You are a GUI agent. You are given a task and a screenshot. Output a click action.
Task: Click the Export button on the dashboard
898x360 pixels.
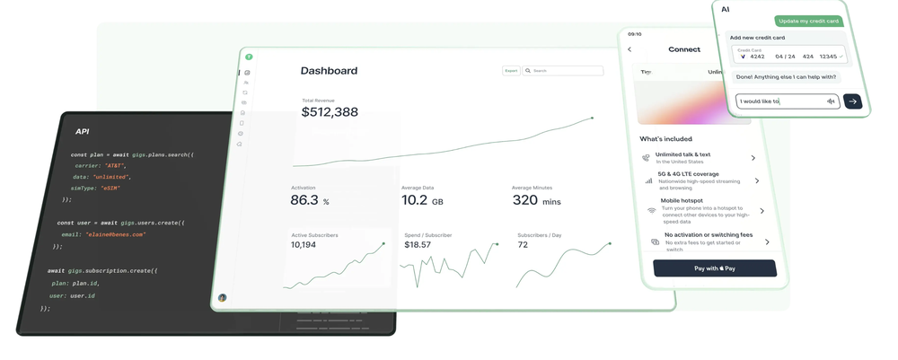(x=511, y=70)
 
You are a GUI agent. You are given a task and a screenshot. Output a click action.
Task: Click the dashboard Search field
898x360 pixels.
(x=564, y=70)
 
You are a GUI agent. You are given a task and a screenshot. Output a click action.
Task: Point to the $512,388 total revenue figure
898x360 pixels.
(x=330, y=112)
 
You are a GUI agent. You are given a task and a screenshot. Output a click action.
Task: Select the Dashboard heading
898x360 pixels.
(x=329, y=71)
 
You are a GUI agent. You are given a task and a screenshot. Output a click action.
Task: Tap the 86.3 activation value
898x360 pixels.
(x=304, y=200)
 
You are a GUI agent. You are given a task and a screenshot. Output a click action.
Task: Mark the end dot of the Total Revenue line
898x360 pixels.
(x=592, y=118)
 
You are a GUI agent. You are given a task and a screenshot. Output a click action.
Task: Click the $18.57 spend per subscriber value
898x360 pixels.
(x=418, y=245)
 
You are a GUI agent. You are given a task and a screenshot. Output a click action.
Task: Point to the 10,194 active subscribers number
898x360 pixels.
(x=304, y=245)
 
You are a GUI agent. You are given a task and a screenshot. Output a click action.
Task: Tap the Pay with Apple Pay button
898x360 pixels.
(x=714, y=268)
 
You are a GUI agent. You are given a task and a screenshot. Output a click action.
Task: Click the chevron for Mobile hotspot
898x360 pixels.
(x=762, y=211)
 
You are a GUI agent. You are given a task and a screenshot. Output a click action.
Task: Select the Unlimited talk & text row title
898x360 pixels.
(x=682, y=154)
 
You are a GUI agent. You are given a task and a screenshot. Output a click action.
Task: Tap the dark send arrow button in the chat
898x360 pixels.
(x=852, y=101)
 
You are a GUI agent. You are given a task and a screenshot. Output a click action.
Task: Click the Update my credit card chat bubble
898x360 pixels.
(x=808, y=22)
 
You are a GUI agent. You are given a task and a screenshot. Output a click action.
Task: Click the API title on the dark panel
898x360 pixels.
(x=82, y=132)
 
